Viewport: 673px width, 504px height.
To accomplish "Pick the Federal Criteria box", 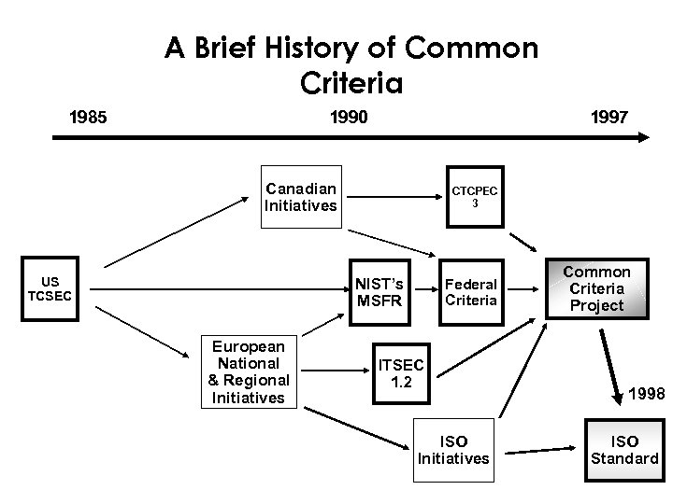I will tap(471, 291).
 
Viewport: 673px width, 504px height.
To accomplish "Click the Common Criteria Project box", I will tap(596, 289).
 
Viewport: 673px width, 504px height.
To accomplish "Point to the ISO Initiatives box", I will tap(452, 449).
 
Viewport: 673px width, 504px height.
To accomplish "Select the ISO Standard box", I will tap(623, 449).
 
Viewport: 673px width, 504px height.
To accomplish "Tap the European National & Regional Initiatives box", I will tap(249, 371).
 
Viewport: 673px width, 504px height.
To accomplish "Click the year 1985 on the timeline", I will tap(89, 118).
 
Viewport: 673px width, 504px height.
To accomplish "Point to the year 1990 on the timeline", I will tap(350, 118).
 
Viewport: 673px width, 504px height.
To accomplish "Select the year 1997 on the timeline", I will tap(609, 118).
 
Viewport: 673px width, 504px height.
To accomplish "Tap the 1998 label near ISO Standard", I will tap(646, 394).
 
